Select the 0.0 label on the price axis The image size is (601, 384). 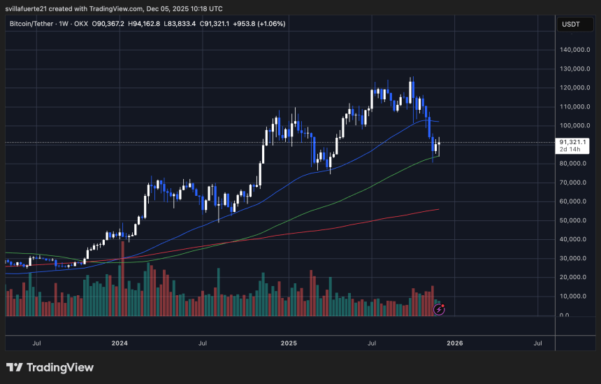coord(564,315)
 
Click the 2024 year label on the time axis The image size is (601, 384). coord(120,343)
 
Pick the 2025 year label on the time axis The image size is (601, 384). coord(289,343)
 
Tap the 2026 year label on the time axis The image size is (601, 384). coord(455,343)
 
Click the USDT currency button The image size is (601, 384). coord(572,24)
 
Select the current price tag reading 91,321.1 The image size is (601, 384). coord(572,142)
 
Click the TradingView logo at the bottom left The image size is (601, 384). coord(50,367)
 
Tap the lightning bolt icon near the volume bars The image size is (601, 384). coord(440,308)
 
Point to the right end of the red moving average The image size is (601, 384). coord(438,209)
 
